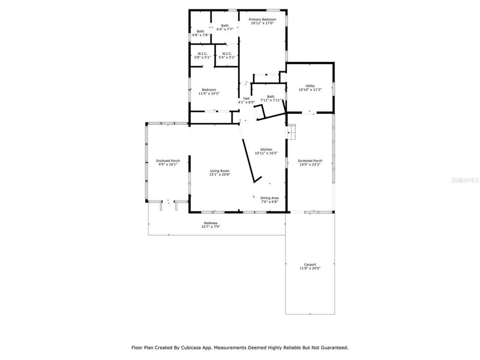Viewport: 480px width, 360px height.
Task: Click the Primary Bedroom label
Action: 263,20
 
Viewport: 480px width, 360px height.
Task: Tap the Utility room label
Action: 310,86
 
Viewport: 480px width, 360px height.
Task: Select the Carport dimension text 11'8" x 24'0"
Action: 310,268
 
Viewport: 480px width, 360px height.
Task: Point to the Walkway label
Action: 211,223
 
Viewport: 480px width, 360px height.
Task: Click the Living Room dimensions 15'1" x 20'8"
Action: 220,175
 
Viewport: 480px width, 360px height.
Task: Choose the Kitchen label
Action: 266,149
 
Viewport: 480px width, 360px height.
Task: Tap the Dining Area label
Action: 269,198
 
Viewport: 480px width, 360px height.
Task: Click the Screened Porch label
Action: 310,161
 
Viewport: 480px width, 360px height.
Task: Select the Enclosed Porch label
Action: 168,161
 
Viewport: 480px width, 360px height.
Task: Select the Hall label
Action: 246,98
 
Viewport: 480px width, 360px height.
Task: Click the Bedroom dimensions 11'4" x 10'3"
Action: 209,94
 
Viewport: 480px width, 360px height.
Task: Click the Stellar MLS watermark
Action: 465,180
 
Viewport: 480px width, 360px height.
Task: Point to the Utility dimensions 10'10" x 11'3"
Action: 310,90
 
